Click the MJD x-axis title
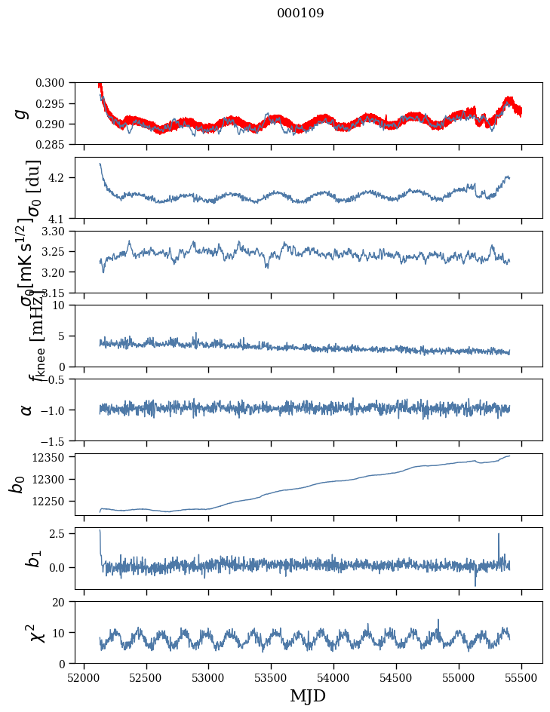pos(308,695)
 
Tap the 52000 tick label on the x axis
pos(84,677)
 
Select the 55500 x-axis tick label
pos(522,677)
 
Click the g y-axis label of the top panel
pos(23,113)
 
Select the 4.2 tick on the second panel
pos(62,178)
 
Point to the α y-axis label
pos(26,410)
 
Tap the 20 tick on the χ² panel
pos(64,602)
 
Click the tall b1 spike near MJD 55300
pos(499,536)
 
